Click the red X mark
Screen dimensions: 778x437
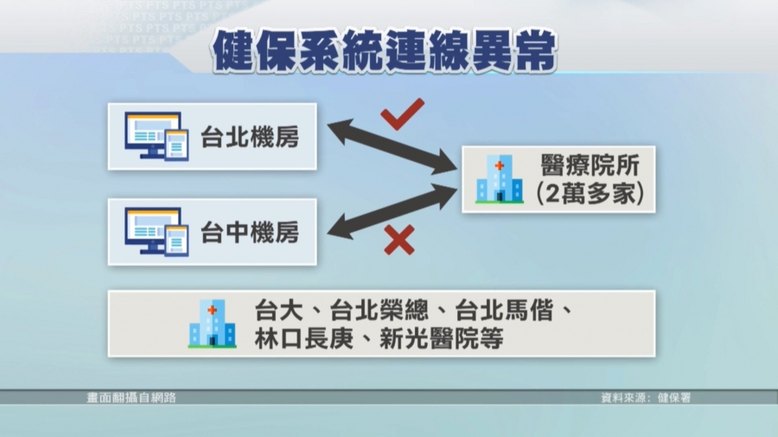399,240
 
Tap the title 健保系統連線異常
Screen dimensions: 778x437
385,51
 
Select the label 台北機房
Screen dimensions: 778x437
250,136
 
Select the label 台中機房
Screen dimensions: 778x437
250,232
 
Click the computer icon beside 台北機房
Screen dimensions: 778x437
156,136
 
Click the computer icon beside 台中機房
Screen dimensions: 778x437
156,231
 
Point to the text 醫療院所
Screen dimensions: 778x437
590,166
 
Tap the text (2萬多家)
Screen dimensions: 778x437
590,193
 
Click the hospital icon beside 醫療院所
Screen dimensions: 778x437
500,180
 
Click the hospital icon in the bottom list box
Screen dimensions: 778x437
213,324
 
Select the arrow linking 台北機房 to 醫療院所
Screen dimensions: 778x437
392,147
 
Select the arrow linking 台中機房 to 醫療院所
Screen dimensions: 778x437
392,212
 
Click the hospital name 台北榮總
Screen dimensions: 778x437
379,311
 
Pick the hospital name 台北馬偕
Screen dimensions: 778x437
504,311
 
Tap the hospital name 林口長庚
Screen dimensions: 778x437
303,339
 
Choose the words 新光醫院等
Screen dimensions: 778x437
442,339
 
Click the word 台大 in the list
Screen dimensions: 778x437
278,311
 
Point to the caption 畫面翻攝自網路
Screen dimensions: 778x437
131,397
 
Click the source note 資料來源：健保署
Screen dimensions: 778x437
646,397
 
